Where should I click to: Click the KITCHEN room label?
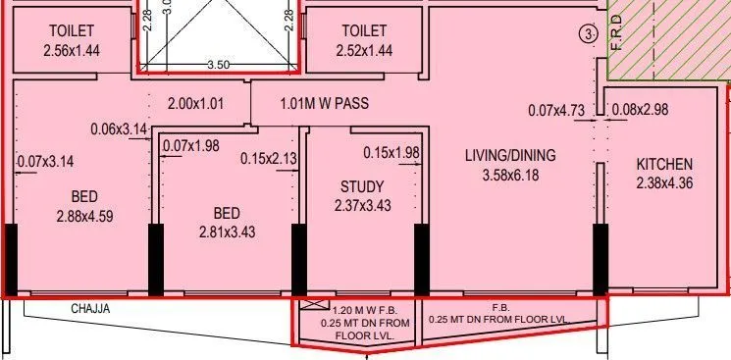[x=664, y=164]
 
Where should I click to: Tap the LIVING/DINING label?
[x=509, y=155]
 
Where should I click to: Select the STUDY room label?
[x=362, y=186]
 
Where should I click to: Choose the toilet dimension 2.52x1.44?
[x=365, y=50]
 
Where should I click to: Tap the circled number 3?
[x=588, y=34]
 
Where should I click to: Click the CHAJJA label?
[x=91, y=309]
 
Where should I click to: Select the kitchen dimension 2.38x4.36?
[x=664, y=182]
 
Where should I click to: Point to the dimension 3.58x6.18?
[x=509, y=176]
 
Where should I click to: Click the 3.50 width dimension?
[x=218, y=64]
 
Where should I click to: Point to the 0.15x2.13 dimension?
[x=267, y=158]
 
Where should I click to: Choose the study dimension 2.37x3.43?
[x=362, y=206]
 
